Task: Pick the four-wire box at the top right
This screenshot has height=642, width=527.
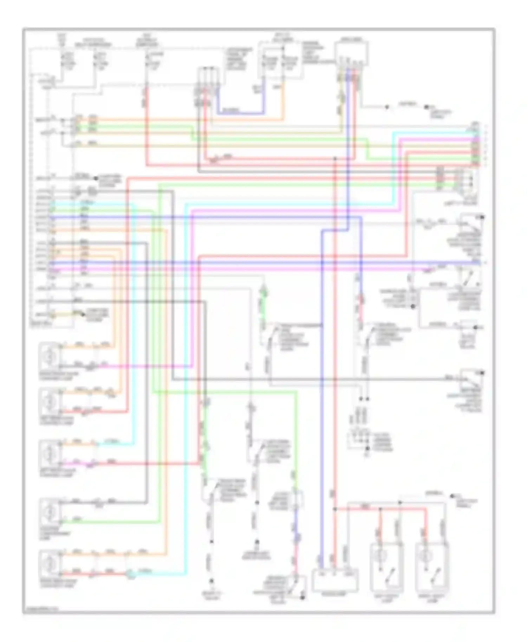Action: point(351,53)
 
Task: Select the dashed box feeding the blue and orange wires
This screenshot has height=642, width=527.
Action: point(280,60)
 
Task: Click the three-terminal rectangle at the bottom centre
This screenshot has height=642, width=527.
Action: point(335,580)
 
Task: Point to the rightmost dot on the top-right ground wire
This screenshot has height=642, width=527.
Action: point(426,107)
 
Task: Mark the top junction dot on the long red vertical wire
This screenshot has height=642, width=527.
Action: point(335,159)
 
